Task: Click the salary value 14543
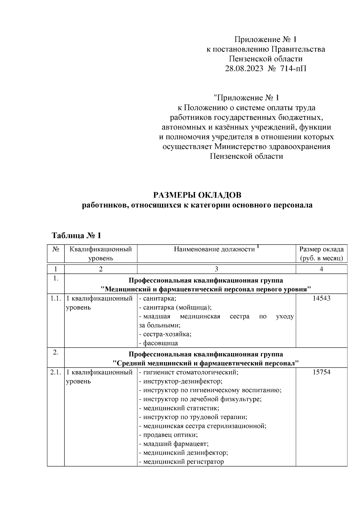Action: click(x=321, y=298)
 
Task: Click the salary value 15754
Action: click(x=321, y=372)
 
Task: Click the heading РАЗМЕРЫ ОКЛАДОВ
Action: click(x=197, y=195)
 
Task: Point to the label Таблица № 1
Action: click(x=77, y=235)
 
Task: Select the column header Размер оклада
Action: click(x=321, y=249)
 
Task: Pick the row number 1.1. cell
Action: click(x=55, y=298)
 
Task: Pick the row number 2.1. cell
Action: click(x=55, y=372)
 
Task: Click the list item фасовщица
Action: click(x=160, y=343)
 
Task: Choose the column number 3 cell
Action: click(x=216, y=269)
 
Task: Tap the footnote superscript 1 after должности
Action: click(x=258, y=247)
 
